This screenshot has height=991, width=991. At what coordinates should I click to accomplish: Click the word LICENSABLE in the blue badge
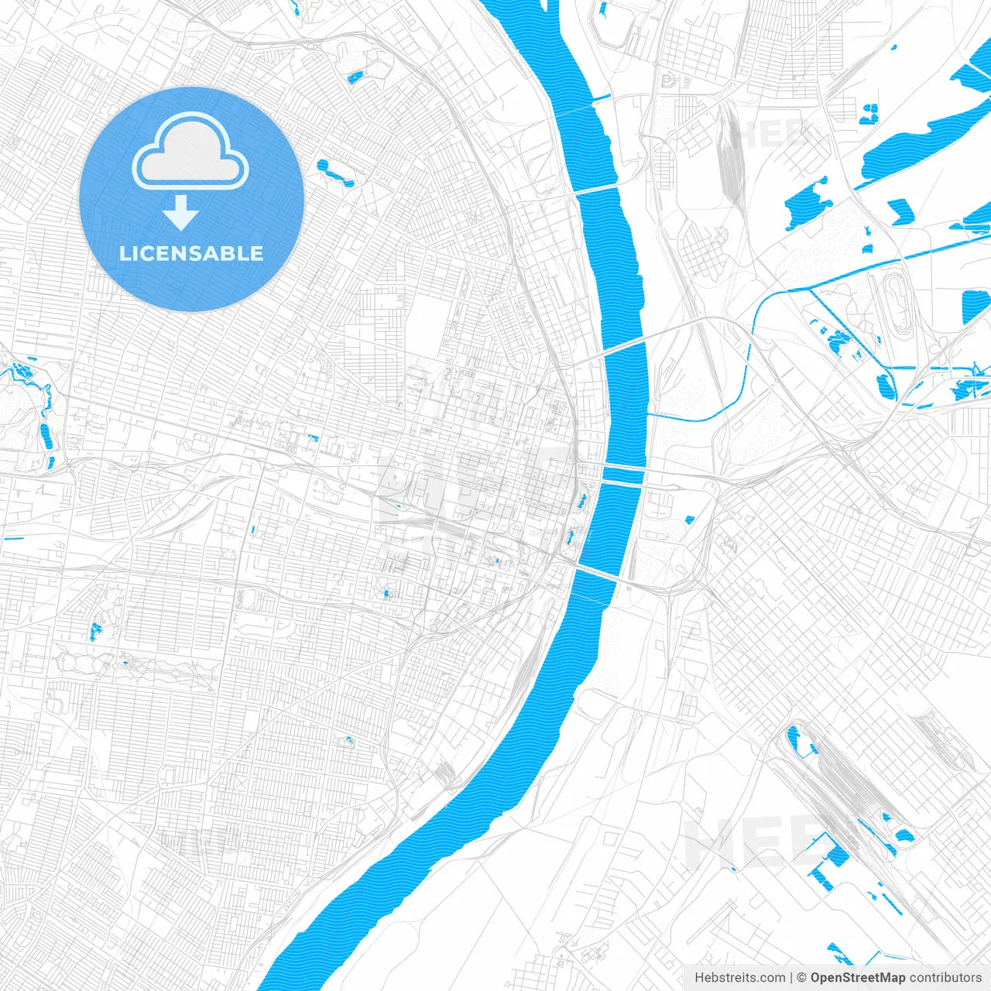tap(191, 253)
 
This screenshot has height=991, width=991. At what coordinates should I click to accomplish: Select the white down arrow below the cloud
tap(181, 212)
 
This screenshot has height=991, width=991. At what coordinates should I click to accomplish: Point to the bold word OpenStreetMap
tap(858, 978)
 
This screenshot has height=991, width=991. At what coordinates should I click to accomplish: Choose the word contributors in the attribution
tap(945, 978)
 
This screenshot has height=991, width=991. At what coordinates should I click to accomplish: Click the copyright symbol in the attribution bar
tap(802, 978)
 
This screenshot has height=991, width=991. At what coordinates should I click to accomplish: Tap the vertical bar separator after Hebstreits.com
tap(791, 978)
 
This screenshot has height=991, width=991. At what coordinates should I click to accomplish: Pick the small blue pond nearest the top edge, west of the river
tap(356, 77)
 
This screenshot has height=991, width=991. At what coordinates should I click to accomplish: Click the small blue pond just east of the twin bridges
tap(688, 520)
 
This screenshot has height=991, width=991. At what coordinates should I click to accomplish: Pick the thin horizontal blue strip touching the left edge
tap(14, 539)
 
